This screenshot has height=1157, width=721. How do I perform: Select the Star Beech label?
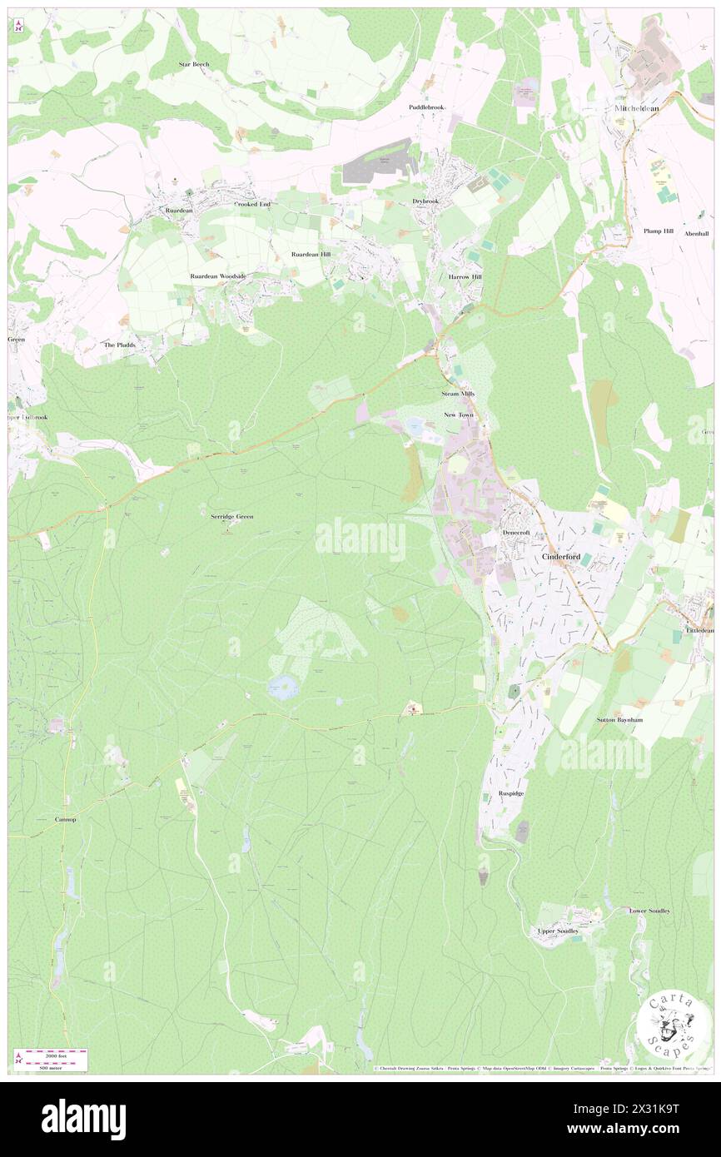click(x=194, y=64)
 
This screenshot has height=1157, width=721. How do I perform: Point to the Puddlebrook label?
click(x=427, y=107)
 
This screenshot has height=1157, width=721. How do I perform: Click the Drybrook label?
click(x=425, y=201)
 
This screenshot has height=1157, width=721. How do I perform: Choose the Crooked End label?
click(x=252, y=204)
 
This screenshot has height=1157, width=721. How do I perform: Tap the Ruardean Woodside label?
click(x=218, y=276)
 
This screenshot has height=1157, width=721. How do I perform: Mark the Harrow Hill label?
click(x=465, y=276)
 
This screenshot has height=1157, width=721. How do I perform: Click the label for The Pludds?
click(x=119, y=345)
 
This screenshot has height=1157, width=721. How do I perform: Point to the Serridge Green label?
click(x=231, y=516)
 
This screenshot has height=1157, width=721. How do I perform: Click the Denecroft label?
click(x=516, y=533)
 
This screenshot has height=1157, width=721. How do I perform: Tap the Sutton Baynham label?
click(x=619, y=719)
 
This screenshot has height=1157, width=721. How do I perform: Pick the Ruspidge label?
click(x=511, y=793)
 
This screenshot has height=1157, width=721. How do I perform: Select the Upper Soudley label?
click(x=558, y=931)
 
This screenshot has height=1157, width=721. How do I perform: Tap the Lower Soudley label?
click(x=649, y=911)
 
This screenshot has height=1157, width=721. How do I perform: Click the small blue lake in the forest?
click(x=282, y=688)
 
